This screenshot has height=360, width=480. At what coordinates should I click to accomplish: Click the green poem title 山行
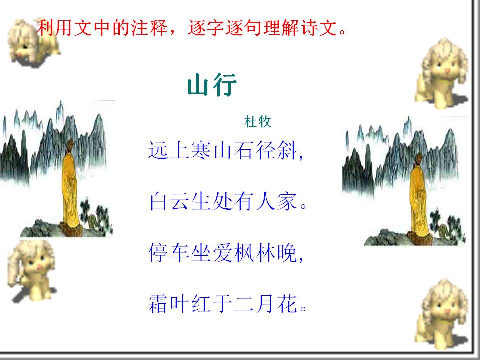pyautogui.click(x=212, y=85)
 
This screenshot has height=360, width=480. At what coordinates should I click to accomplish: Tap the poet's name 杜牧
pyautogui.click(x=258, y=122)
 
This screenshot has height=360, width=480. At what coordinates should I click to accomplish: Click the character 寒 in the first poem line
pyautogui.click(x=201, y=150)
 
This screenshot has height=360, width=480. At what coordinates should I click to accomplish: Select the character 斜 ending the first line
pyautogui.click(x=287, y=150)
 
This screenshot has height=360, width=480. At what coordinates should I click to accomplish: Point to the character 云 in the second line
pyautogui.click(x=180, y=201)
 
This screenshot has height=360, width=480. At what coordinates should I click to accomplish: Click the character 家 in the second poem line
pyautogui.click(x=287, y=201)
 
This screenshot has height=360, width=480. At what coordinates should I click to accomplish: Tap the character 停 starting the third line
pyautogui.click(x=159, y=253)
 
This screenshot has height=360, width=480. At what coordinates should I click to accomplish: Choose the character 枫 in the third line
pyautogui.click(x=244, y=253)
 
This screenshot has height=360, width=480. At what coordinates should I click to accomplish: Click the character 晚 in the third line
pyautogui.click(x=287, y=253)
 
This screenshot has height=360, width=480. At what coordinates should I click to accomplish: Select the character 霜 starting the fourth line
pyautogui.click(x=159, y=304)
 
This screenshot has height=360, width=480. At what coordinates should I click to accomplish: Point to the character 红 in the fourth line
pyautogui.click(x=201, y=304)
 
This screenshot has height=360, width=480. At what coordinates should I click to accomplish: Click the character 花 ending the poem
pyautogui.click(x=287, y=304)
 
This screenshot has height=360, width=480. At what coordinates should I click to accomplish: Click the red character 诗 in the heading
pyautogui.click(x=310, y=28)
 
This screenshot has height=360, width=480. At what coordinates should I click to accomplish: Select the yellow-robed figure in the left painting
pyautogui.click(x=71, y=186)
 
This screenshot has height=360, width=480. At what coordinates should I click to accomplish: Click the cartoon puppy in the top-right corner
pyautogui.click(x=442, y=73)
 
